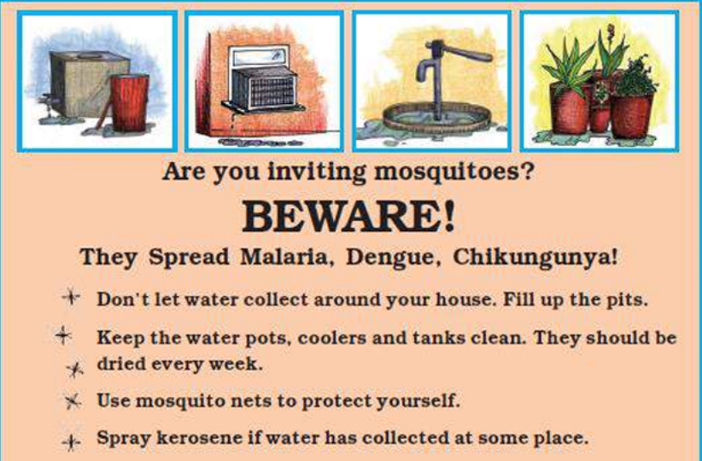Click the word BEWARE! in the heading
(x=348, y=216)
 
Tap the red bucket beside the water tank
(x=130, y=103)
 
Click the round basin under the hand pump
(x=437, y=118)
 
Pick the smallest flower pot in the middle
(x=600, y=116)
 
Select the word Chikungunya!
(x=535, y=258)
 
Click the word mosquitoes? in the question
(x=453, y=172)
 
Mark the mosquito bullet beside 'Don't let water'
(x=71, y=297)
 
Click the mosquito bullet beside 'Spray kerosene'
(x=71, y=441)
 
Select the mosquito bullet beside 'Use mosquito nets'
(x=73, y=401)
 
